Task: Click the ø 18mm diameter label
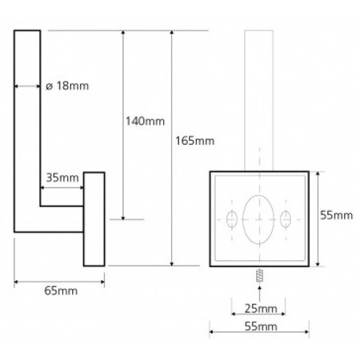click(67, 86)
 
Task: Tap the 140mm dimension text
click(145, 122)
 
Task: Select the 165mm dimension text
click(194, 141)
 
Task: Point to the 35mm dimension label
click(62, 178)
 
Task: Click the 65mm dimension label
click(61, 290)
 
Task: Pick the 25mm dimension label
click(261, 309)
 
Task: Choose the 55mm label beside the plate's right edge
click(337, 215)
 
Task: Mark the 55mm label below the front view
click(261, 326)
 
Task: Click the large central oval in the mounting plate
click(258, 219)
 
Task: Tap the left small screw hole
click(232, 219)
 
